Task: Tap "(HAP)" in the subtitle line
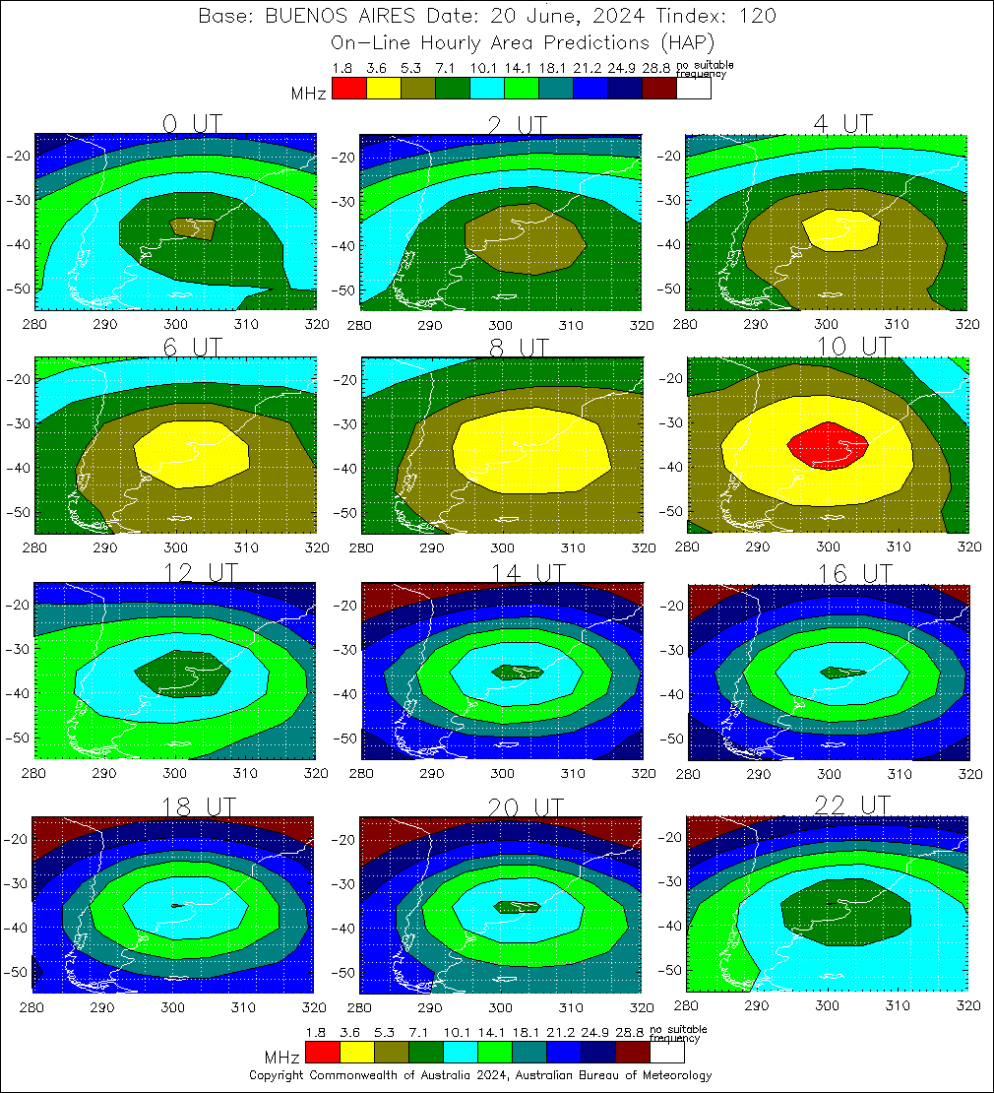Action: (x=686, y=42)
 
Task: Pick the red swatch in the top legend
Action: (x=348, y=89)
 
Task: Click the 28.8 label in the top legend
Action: (x=656, y=68)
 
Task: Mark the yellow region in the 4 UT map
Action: (x=840, y=230)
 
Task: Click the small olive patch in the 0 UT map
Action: (x=193, y=227)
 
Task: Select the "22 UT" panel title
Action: (x=852, y=805)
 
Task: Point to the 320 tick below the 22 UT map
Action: (x=967, y=1005)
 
